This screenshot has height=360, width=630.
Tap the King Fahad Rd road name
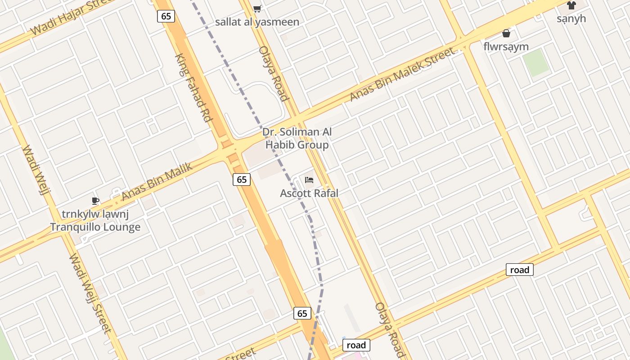click(193, 88)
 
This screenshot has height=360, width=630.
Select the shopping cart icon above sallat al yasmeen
click(257, 9)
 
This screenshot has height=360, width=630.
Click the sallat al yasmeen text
click(257, 22)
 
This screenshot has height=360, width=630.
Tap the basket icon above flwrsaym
click(506, 33)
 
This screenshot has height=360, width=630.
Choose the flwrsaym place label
click(506, 46)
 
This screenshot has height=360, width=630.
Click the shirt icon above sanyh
click(571, 5)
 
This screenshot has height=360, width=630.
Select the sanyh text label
click(571, 18)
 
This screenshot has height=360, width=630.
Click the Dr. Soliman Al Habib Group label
click(297, 138)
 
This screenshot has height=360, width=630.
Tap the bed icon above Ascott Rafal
click(309, 180)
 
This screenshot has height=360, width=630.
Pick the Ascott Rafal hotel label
click(309, 193)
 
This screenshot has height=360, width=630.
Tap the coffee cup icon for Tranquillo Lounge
click(95, 201)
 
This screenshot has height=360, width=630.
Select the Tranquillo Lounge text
click(95, 227)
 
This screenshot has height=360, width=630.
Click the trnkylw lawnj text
click(95, 214)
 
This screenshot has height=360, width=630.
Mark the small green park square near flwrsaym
click(536, 63)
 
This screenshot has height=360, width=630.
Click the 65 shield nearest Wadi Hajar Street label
click(166, 16)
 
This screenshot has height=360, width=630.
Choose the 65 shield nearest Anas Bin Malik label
click(242, 180)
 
